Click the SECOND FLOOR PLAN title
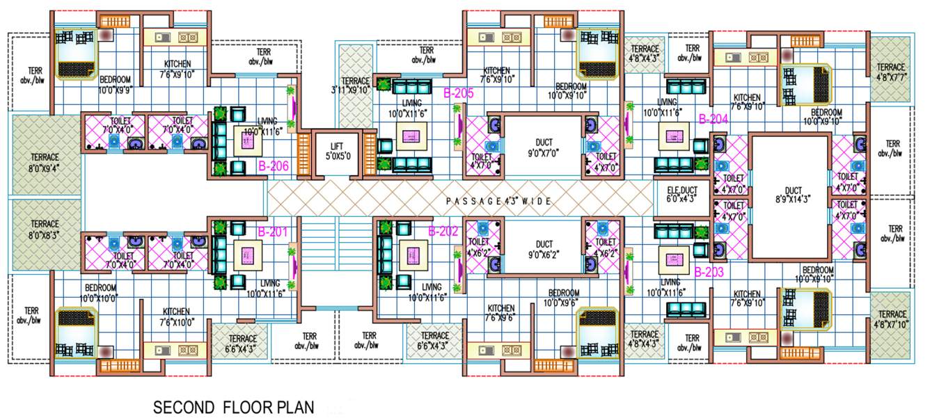click(234, 407)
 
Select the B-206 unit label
click(274, 166)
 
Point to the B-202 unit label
click(443, 232)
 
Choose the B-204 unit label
click(713, 119)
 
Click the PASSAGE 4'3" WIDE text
click(498, 201)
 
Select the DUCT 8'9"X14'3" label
click(792, 195)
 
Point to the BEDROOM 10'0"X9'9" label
click(115, 84)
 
